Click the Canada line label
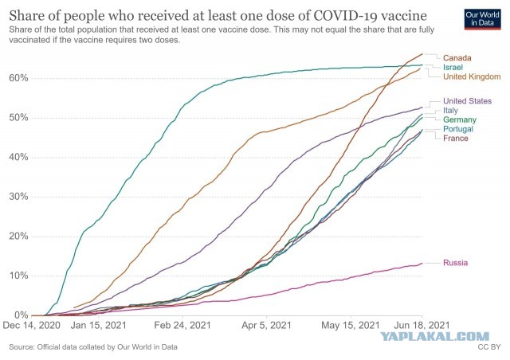457,58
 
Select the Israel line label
453,68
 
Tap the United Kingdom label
472,76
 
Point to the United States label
468,101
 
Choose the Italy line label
450,111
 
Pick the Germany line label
460,119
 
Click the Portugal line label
458,129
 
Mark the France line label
456,139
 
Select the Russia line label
455,263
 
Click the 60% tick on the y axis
18,78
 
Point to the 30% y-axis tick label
18,197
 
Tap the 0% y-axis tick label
22,315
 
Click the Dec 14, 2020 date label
32,325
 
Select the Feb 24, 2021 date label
182,325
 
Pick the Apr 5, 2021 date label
266,325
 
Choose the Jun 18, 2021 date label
422,325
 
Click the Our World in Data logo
482,19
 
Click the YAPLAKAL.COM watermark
435,336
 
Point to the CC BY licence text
488,347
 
